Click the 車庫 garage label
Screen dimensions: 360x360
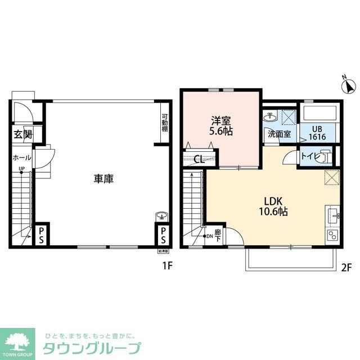pyautogui.click(x=104, y=179)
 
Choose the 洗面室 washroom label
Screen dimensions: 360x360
pyautogui.click(x=278, y=135)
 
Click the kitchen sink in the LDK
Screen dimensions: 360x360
pyautogui.click(x=332, y=214)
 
